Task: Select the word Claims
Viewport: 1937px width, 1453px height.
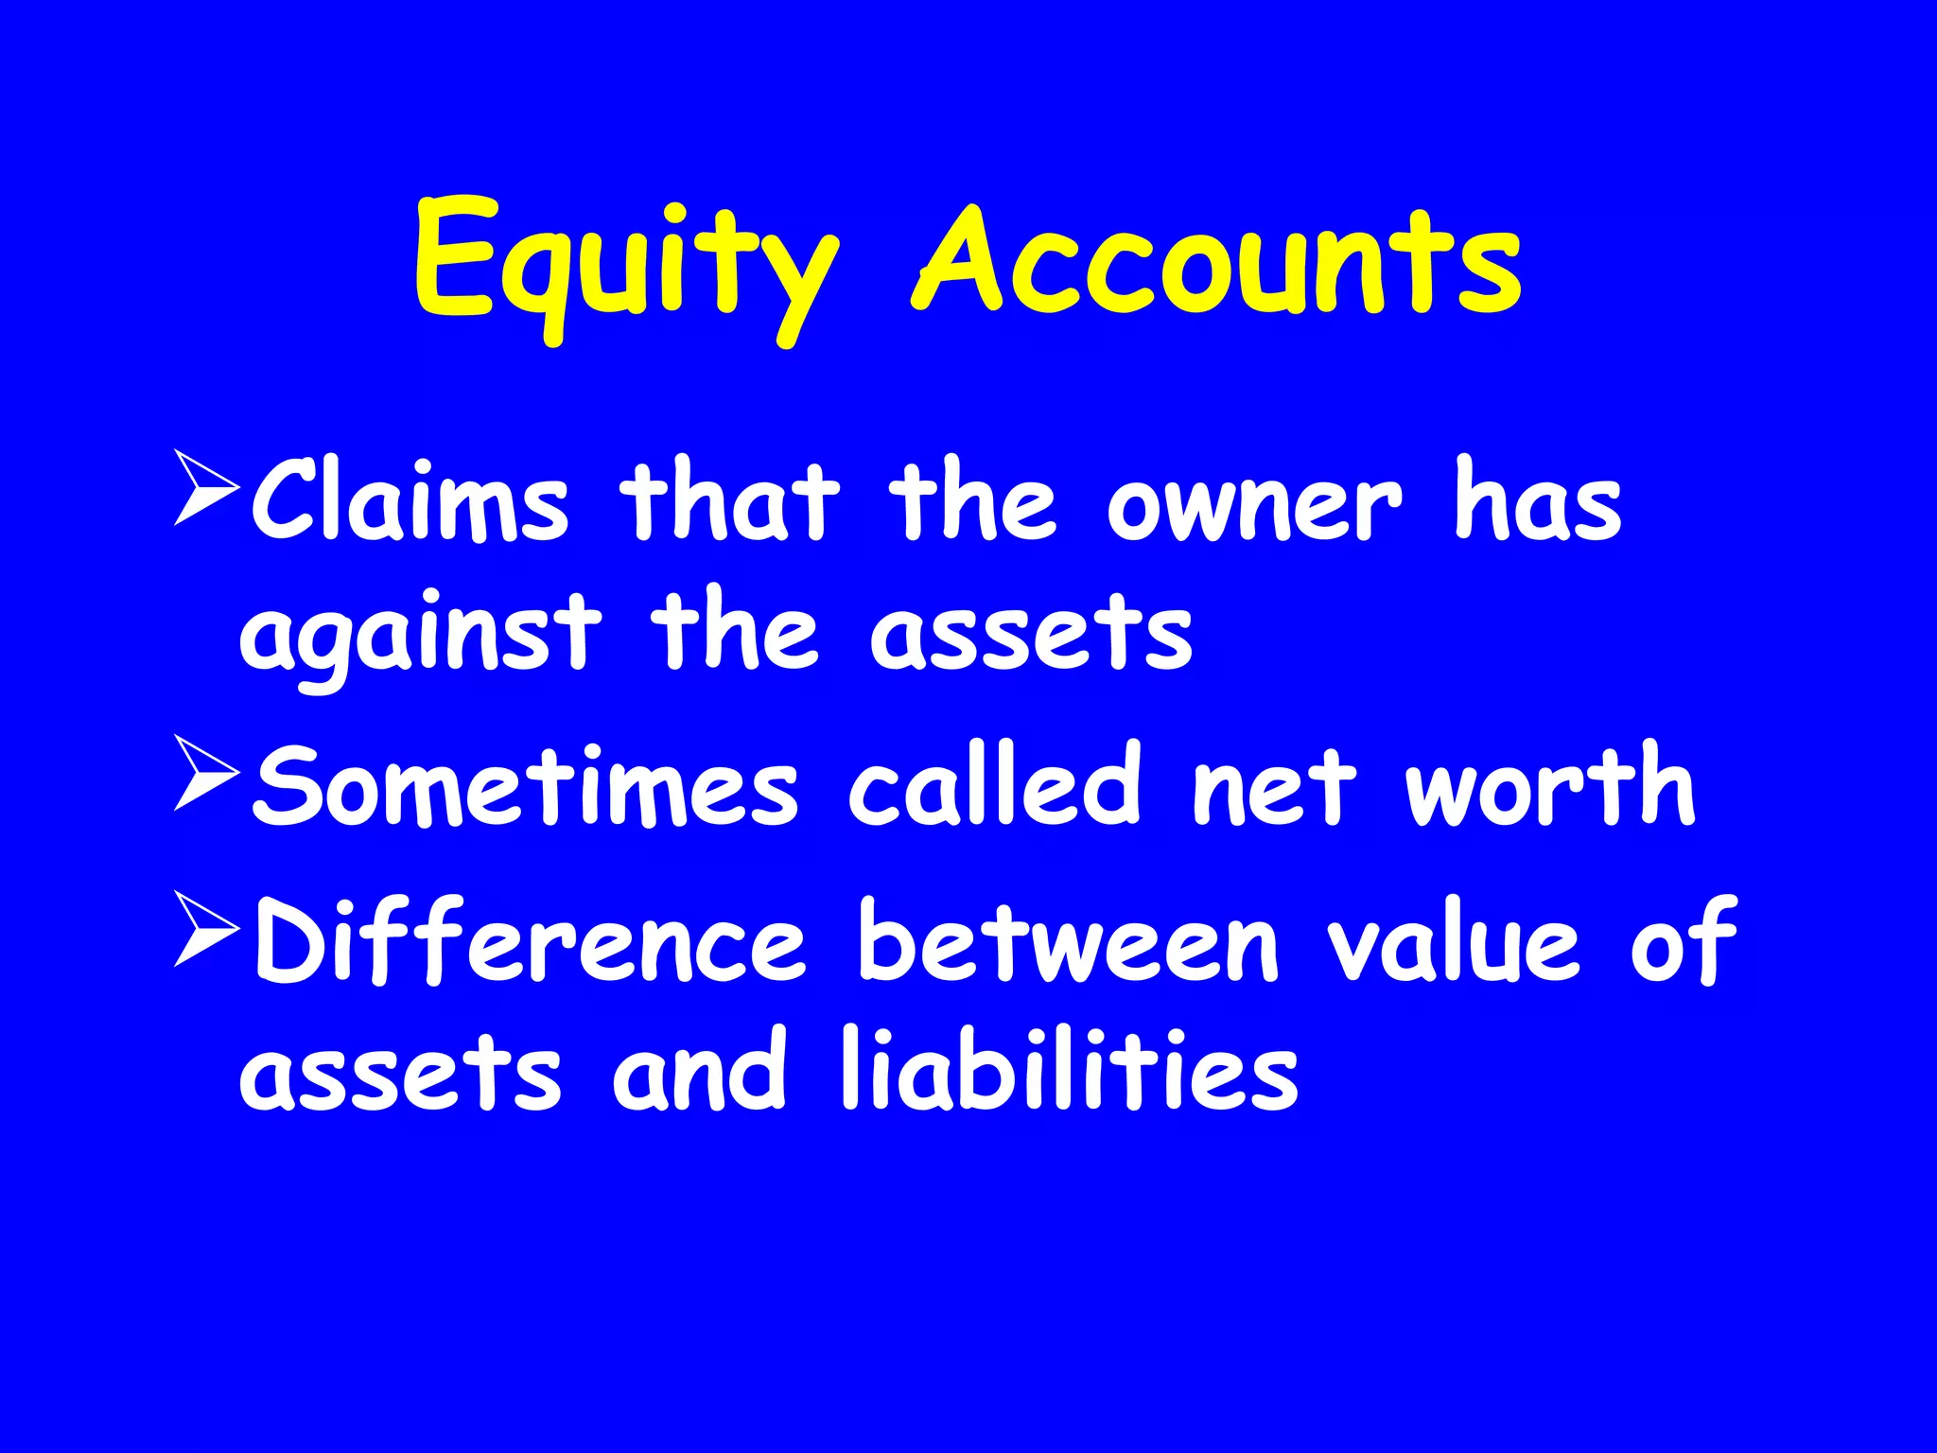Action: coord(409,501)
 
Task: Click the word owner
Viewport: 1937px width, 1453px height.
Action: coord(1253,506)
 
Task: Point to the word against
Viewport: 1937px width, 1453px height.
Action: coord(419,634)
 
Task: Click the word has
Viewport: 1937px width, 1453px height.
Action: coord(1538,501)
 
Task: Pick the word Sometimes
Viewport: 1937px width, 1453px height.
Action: coord(526,786)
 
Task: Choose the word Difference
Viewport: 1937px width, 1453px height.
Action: coord(530,941)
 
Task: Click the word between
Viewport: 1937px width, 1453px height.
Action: coord(1068,941)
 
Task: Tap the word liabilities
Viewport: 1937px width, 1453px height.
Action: coord(1070,1069)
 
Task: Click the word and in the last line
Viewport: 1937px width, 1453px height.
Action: coord(699,1069)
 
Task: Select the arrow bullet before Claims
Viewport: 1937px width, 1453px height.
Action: coord(205,488)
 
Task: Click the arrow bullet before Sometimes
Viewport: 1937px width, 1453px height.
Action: coord(205,775)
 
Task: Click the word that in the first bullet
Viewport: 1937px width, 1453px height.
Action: coord(729,501)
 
